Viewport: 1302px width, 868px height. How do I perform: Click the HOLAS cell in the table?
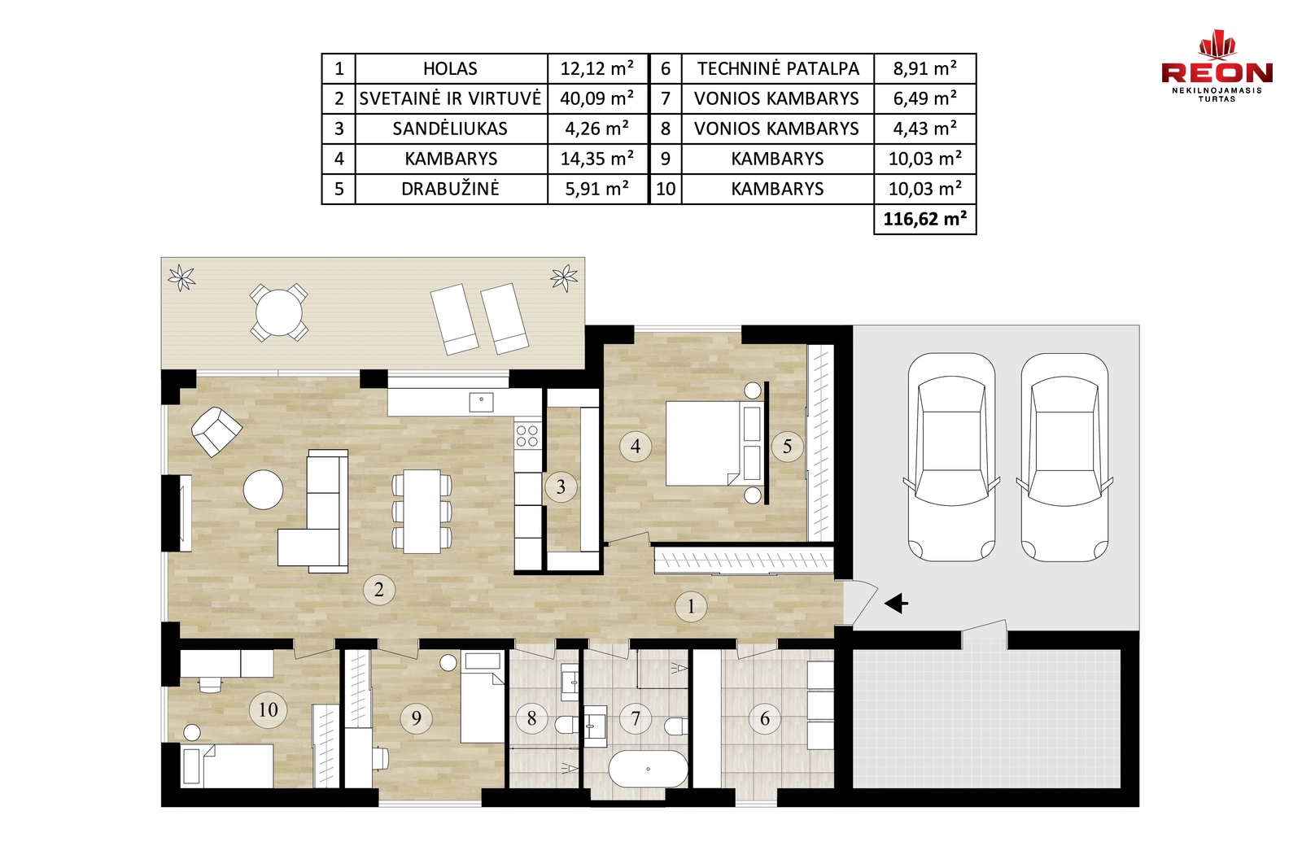pos(451,68)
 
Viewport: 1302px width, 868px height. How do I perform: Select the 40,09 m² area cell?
pos(597,98)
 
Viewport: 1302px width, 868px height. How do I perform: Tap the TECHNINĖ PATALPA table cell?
pos(778,68)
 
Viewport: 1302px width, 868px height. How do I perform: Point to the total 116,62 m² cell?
pos(924,219)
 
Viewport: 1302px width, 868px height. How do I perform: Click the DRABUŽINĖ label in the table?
pos(451,189)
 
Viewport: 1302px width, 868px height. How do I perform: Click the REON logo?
pos(1217,67)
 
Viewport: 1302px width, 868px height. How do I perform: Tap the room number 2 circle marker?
pos(379,590)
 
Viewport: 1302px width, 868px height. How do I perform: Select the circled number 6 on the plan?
pos(765,718)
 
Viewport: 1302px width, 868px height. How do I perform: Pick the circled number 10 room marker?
pos(268,709)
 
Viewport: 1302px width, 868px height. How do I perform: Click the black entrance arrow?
pos(896,604)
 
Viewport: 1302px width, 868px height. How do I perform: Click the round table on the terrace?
pos(279,312)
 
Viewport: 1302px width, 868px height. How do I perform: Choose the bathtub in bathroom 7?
pos(648,770)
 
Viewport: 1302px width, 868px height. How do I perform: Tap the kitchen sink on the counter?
pos(481,402)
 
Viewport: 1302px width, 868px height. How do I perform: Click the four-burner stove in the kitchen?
pos(527,436)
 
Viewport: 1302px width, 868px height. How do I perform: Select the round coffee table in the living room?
pos(264,490)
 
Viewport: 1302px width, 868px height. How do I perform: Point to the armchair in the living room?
pos(216,431)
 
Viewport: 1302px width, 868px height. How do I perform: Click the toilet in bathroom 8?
pos(566,725)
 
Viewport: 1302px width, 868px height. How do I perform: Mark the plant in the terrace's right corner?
pos(564,277)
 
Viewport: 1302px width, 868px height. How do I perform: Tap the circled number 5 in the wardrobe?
pos(787,446)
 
